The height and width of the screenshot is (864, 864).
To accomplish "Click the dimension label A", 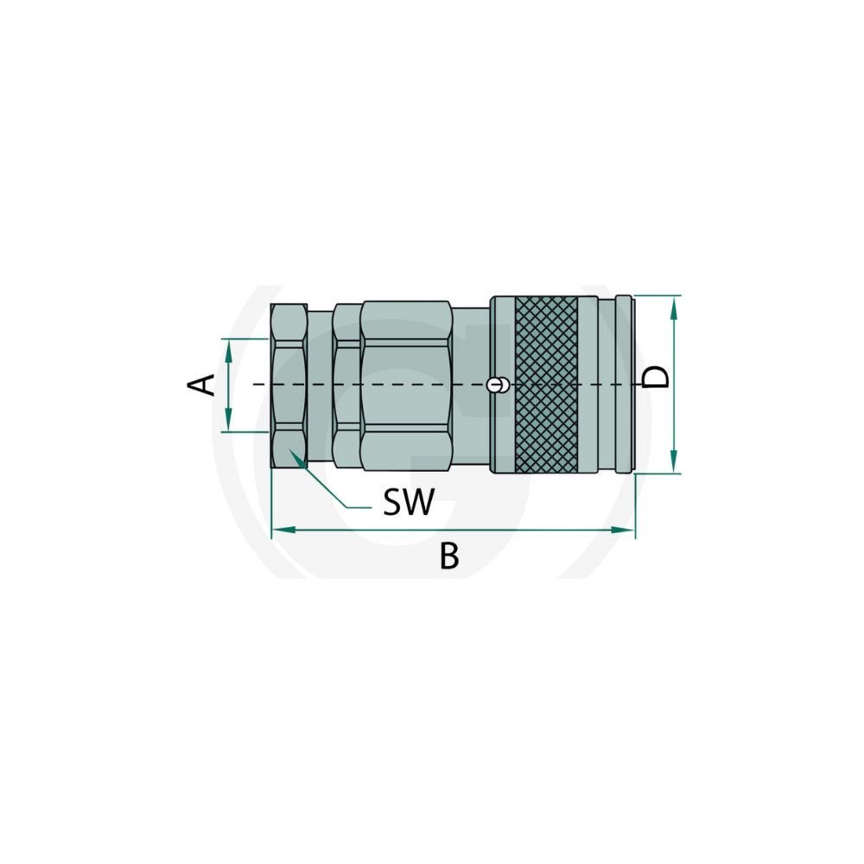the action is pyautogui.click(x=201, y=384).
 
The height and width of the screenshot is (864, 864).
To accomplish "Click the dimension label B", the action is pyautogui.click(x=449, y=556).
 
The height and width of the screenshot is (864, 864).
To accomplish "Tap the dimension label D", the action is pyautogui.click(x=656, y=378).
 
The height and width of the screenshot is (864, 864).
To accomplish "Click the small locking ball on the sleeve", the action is pyautogui.click(x=498, y=384).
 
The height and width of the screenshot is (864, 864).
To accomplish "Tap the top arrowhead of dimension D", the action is pyautogui.click(x=673, y=307).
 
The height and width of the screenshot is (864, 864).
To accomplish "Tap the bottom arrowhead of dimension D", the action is pyautogui.click(x=673, y=462).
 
